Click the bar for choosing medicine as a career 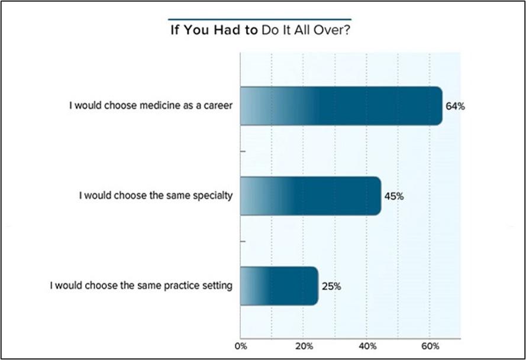tap(340, 106)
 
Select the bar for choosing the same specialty tap(310, 196)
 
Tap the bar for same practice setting tap(279, 286)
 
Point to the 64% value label tap(456, 107)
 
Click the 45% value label tap(394, 196)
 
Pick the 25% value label tap(331, 287)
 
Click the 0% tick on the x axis tap(240, 345)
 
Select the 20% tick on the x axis tap(303, 345)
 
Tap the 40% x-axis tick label tap(366, 345)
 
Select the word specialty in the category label tap(211, 196)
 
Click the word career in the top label tap(220, 107)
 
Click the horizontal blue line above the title tap(259, 18)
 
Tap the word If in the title tap(175, 31)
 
